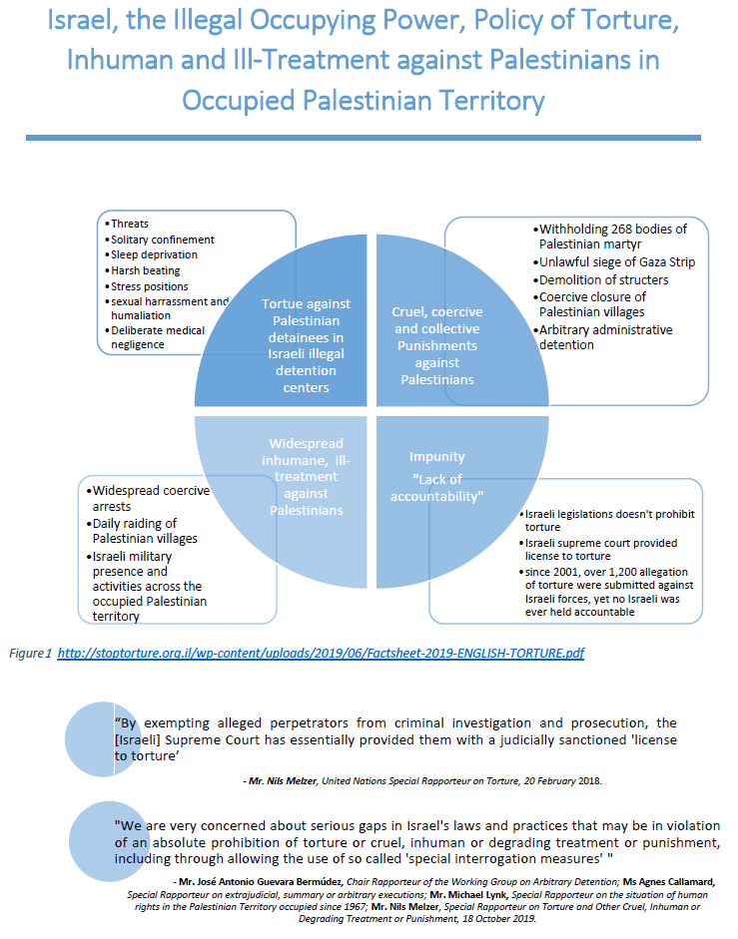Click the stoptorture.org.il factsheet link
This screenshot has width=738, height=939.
(x=321, y=653)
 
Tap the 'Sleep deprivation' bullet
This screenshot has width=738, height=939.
(x=154, y=254)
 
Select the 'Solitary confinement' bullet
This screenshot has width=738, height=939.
(x=162, y=239)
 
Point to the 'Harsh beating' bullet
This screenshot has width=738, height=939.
(x=146, y=270)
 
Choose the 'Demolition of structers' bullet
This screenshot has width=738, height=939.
(x=603, y=279)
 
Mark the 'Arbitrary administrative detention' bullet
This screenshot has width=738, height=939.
(x=605, y=337)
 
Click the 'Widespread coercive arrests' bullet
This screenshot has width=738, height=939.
(x=151, y=497)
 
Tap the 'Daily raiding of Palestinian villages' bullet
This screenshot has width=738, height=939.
(x=146, y=531)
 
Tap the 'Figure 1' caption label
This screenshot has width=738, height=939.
(x=30, y=653)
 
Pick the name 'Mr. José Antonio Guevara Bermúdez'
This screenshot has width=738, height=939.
(x=264, y=882)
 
